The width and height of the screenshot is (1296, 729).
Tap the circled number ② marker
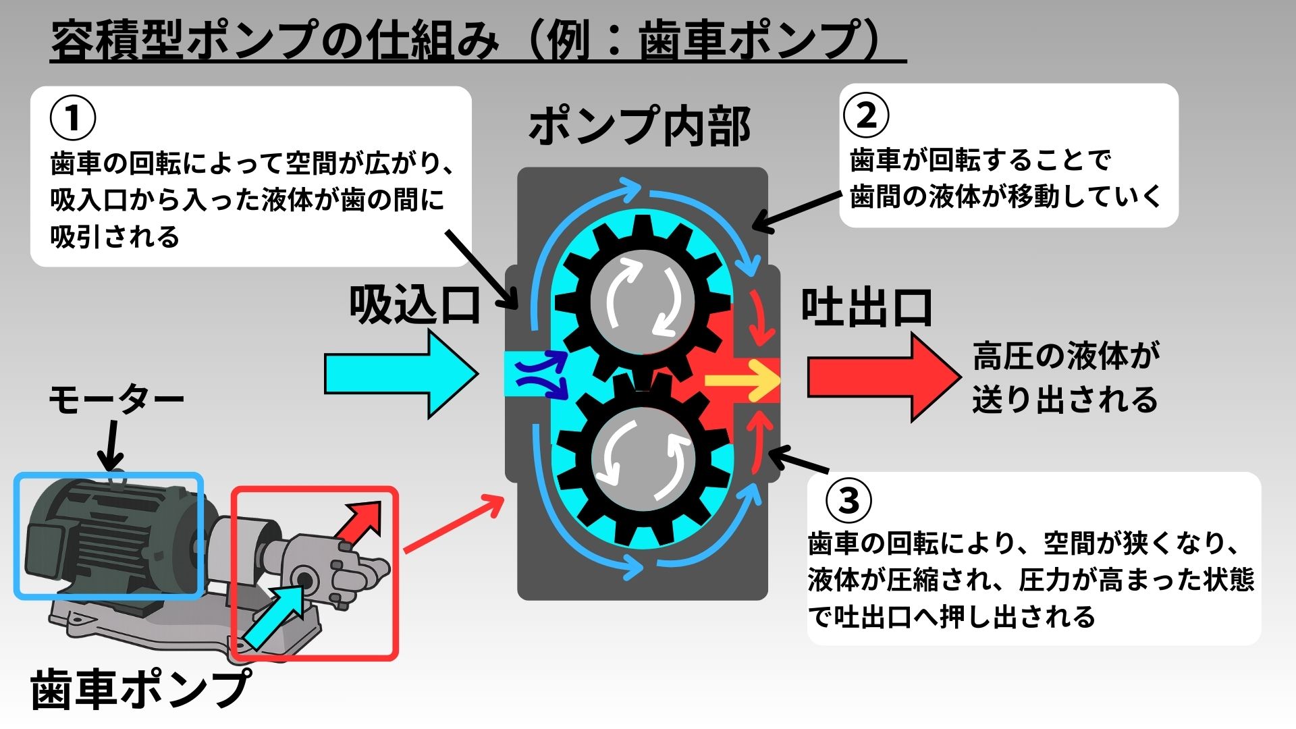click(x=866, y=115)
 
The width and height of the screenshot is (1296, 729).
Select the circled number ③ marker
click(x=848, y=501)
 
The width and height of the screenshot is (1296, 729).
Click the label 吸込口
click(x=414, y=306)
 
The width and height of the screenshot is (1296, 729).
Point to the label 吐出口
click(x=867, y=308)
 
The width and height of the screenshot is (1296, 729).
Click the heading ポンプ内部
click(x=639, y=126)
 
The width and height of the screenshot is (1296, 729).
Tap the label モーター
click(x=116, y=400)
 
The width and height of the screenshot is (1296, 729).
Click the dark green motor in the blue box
click(x=108, y=537)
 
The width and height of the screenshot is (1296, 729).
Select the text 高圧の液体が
click(x=1066, y=356)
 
